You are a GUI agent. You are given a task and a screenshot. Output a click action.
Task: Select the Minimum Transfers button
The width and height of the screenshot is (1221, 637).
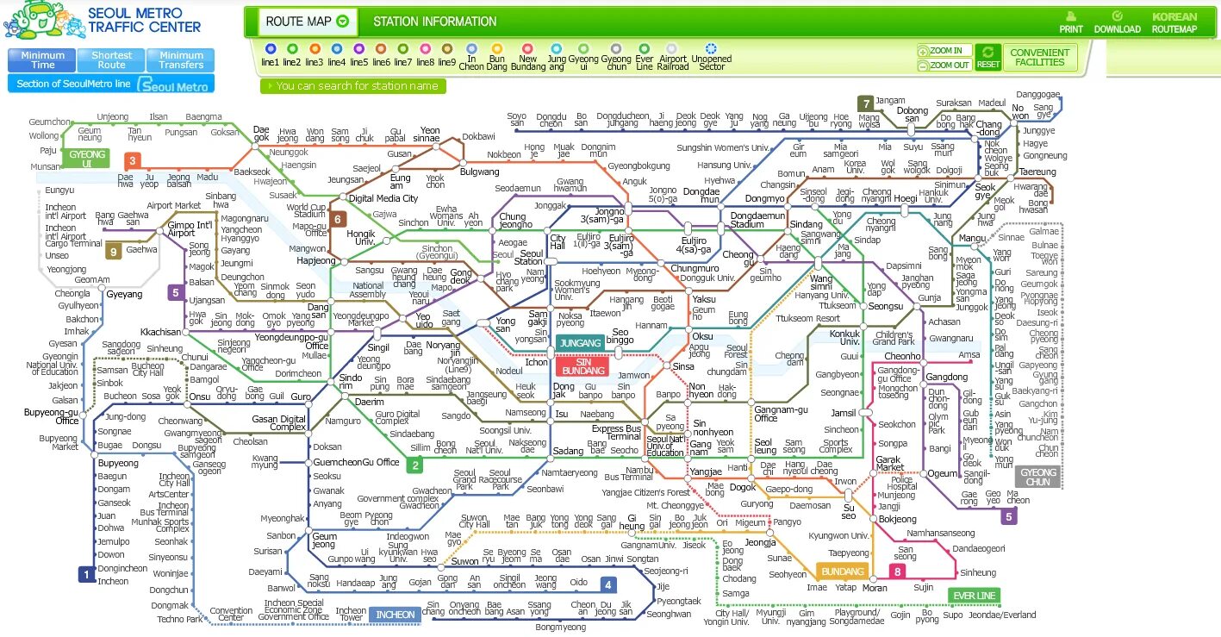tap(181, 60)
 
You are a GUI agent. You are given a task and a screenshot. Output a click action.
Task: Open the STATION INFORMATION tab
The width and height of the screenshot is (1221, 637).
tap(434, 22)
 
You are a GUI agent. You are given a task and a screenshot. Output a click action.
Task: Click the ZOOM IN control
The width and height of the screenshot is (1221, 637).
tap(945, 51)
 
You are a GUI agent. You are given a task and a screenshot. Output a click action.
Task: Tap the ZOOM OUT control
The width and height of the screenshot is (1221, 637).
tap(945, 65)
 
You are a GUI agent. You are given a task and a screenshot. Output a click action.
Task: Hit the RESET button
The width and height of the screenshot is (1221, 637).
tap(988, 58)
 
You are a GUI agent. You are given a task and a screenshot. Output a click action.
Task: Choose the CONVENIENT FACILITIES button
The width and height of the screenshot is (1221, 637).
tap(1039, 58)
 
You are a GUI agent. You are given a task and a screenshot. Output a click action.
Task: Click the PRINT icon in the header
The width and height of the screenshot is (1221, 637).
tap(1071, 22)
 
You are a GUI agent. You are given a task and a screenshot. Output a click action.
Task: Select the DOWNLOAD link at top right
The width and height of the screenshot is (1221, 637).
tap(1118, 22)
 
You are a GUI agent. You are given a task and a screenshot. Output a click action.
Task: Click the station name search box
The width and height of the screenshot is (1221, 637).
tap(353, 86)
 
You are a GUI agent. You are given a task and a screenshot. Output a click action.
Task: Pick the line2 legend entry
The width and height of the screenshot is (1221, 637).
tap(293, 55)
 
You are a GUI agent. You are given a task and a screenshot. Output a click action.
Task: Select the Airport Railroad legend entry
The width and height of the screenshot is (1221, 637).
tap(672, 55)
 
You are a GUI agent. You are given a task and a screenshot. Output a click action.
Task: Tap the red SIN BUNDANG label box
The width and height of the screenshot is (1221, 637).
tap(583, 366)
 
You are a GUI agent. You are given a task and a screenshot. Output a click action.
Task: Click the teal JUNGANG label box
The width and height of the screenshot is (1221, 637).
tap(580, 343)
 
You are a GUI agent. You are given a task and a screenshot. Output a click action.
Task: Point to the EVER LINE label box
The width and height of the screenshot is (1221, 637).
tap(974, 596)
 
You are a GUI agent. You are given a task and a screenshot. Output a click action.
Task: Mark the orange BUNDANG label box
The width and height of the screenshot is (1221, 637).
tap(842, 571)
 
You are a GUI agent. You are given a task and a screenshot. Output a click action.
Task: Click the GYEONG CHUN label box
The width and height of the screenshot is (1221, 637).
tap(1037, 477)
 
